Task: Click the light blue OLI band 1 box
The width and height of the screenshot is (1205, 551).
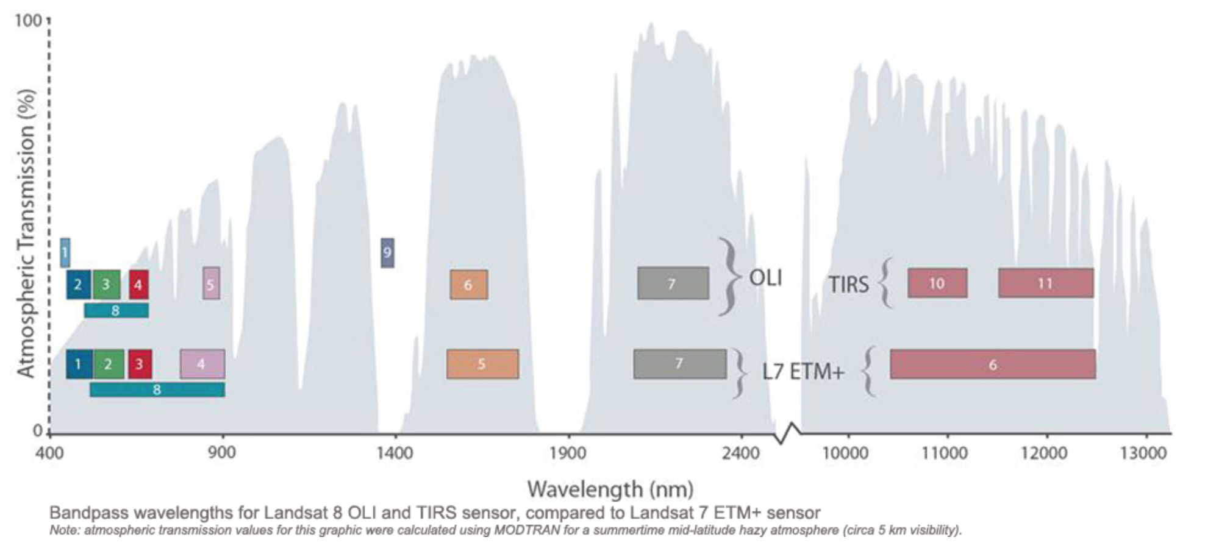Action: click(65, 252)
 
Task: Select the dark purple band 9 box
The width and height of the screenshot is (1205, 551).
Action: click(387, 252)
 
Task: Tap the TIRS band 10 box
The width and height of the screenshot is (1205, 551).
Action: click(937, 283)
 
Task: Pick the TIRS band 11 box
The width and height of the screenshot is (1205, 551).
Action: click(1045, 283)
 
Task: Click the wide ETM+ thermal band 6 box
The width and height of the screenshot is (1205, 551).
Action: click(992, 364)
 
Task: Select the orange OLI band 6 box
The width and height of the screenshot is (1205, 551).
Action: click(468, 285)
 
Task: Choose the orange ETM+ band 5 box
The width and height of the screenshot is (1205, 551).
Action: click(482, 364)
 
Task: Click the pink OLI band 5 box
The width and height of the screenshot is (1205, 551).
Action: click(211, 283)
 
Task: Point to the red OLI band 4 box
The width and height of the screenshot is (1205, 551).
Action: click(138, 285)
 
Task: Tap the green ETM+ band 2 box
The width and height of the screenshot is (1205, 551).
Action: click(109, 364)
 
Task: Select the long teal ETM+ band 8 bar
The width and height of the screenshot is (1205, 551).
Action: click(157, 389)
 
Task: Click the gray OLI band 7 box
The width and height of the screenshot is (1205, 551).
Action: click(673, 283)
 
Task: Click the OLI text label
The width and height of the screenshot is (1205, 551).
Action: click(765, 278)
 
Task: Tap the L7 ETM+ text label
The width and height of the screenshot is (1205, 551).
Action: click(803, 371)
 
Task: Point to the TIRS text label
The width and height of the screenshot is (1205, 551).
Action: click(848, 285)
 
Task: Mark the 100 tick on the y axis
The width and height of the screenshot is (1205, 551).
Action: click(28, 21)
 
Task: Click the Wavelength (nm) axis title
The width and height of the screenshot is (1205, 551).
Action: click(610, 489)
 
